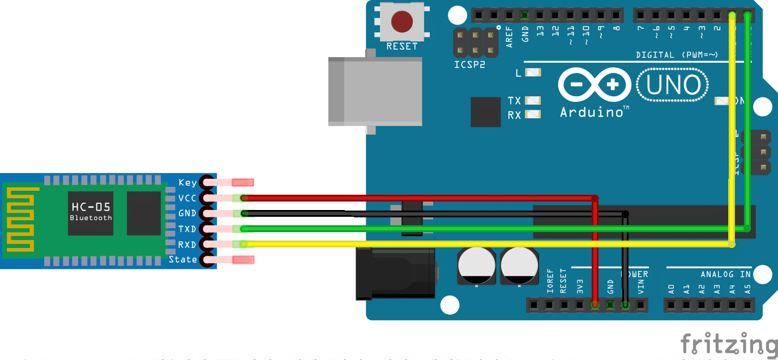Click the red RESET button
tap(401, 22)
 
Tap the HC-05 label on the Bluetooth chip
tap(91, 207)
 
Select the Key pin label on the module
tap(187, 182)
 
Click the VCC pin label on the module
tap(187, 198)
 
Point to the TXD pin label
tap(187, 229)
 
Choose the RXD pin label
tap(187, 245)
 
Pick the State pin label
tap(183, 260)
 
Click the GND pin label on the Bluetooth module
tap(187, 213)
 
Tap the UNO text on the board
tap(673, 85)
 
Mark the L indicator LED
tap(533, 72)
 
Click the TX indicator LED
tap(533, 101)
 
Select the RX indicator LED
tap(533, 115)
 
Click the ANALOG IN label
tap(725, 275)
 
